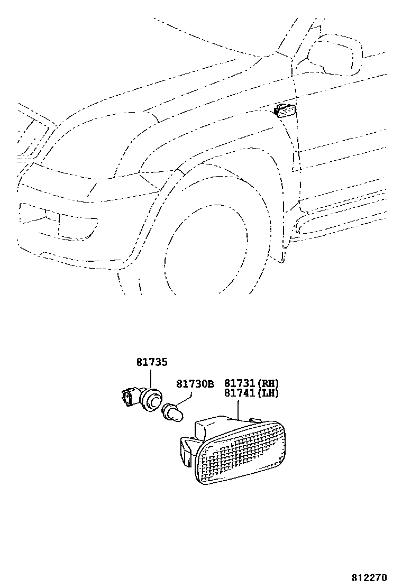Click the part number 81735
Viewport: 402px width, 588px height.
[151, 363]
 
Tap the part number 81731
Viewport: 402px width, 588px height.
[240, 383]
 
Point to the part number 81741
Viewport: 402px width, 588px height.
[240, 393]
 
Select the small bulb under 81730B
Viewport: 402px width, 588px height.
[172, 412]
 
